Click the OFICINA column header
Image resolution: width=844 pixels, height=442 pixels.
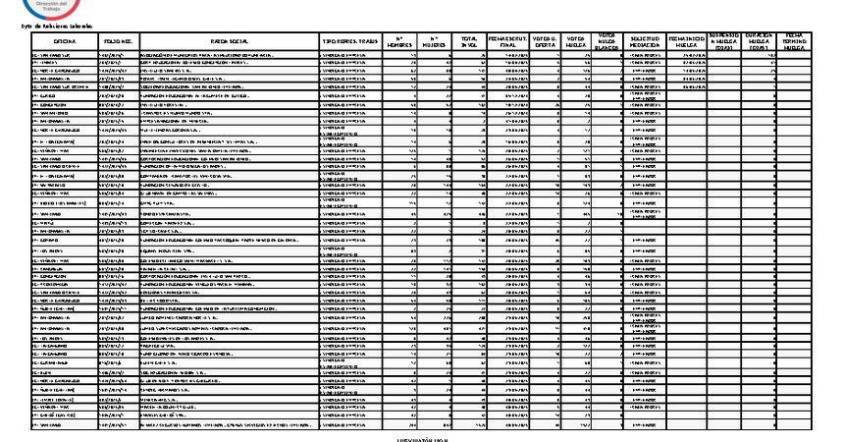coord(64,41)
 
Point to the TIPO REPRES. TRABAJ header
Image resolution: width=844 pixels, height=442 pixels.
coord(350,41)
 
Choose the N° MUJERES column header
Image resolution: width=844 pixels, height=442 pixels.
coord(434,41)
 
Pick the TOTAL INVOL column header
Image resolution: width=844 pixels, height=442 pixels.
coord(469,41)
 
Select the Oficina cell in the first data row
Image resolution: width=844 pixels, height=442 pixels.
coord(64,56)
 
